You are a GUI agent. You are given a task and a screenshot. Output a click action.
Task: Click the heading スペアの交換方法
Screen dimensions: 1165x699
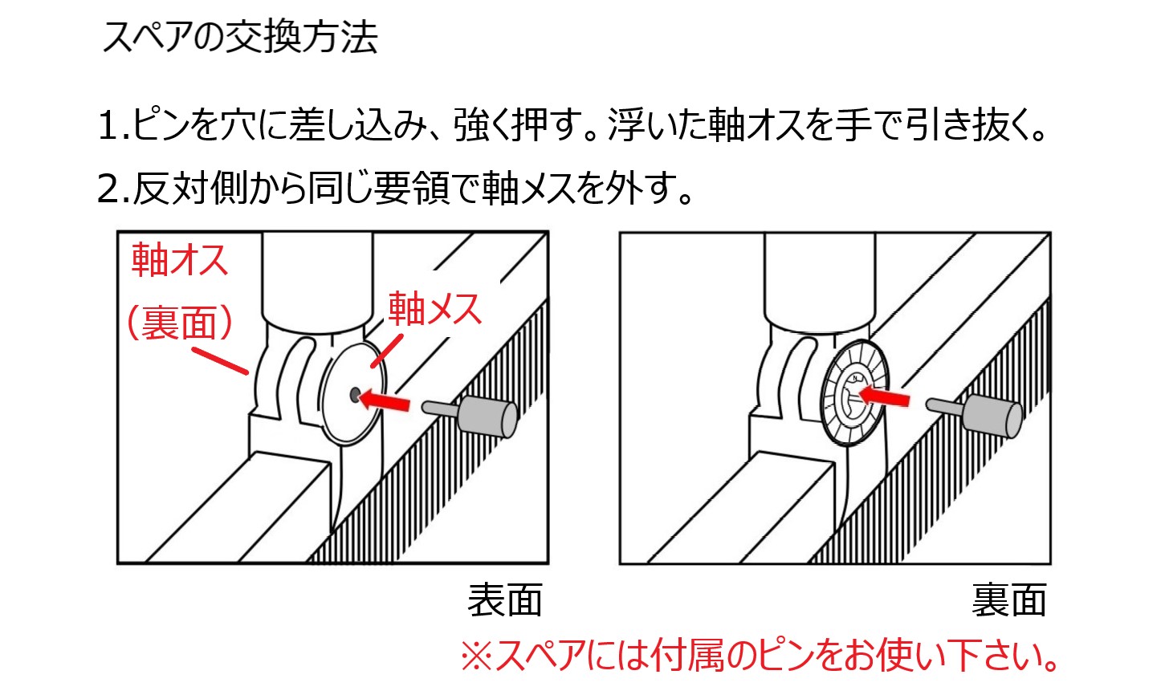pos(240,38)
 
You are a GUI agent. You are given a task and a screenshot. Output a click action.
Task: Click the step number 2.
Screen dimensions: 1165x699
pos(109,188)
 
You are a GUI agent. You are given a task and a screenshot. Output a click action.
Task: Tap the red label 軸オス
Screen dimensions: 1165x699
pos(179,259)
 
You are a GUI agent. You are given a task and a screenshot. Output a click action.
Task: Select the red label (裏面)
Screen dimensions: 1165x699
pos(179,323)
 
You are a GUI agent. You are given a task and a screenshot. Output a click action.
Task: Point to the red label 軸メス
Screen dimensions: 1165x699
pos(435,309)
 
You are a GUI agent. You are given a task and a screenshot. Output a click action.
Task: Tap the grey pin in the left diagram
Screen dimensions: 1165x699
pos(470,415)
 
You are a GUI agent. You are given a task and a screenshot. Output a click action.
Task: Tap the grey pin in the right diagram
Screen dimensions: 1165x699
pos(974,415)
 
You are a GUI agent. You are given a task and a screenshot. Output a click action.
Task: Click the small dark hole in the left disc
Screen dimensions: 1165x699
pos(355,396)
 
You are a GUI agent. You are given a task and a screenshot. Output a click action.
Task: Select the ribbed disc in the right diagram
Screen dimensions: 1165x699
pos(853,392)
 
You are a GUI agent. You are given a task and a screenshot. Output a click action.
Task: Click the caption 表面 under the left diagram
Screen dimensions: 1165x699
pos(505,600)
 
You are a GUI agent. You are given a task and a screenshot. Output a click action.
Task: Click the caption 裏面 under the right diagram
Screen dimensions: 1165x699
pos(1009,600)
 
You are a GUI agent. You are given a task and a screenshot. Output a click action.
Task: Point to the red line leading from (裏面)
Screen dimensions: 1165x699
pos(220,360)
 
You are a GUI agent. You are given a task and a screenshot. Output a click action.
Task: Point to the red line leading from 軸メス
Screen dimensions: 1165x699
pos(386,352)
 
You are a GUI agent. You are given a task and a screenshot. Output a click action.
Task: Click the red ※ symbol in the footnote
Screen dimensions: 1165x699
pos(476,657)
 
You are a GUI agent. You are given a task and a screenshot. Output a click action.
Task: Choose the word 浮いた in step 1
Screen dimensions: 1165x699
pos(657,125)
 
